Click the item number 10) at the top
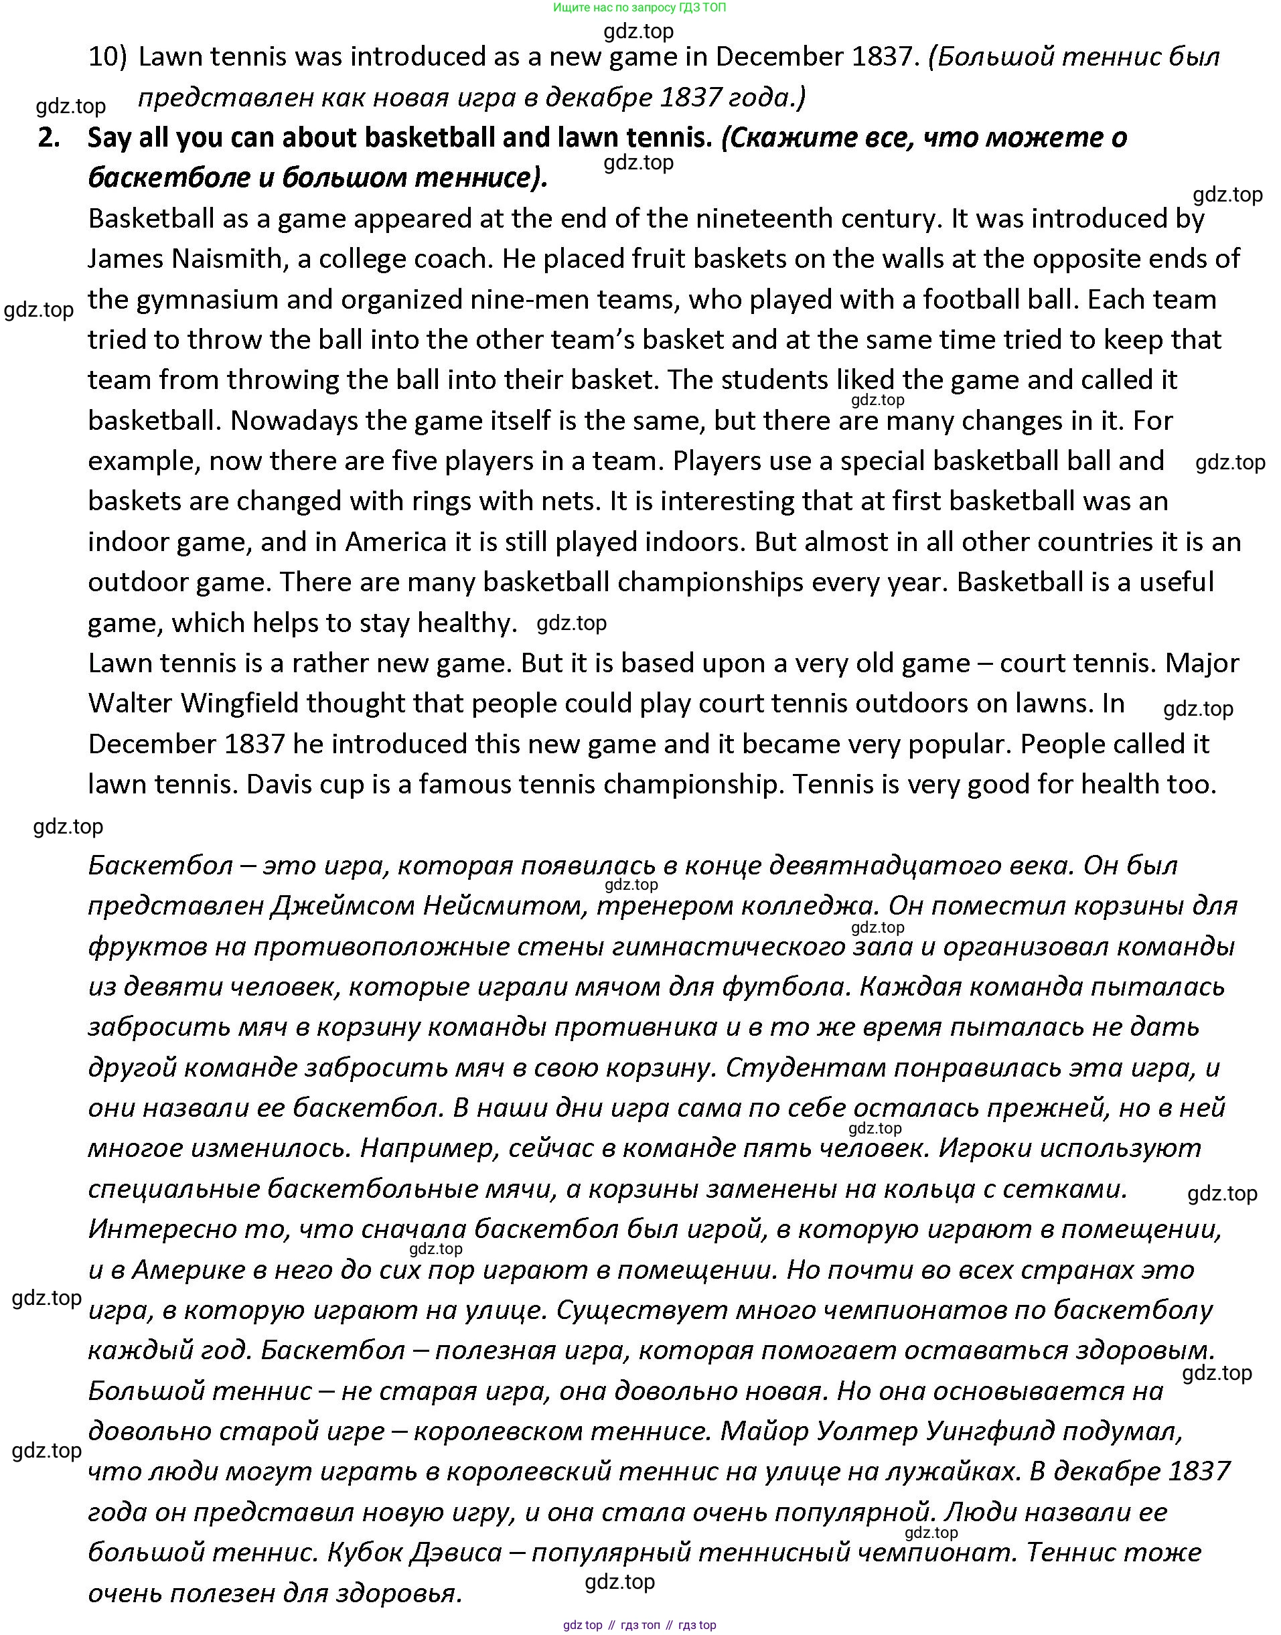point(107,57)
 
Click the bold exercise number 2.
point(49,138)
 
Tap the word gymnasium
point(208,300)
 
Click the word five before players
point(415,461)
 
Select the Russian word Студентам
point(806,1067)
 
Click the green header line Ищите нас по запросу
point(639,7)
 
